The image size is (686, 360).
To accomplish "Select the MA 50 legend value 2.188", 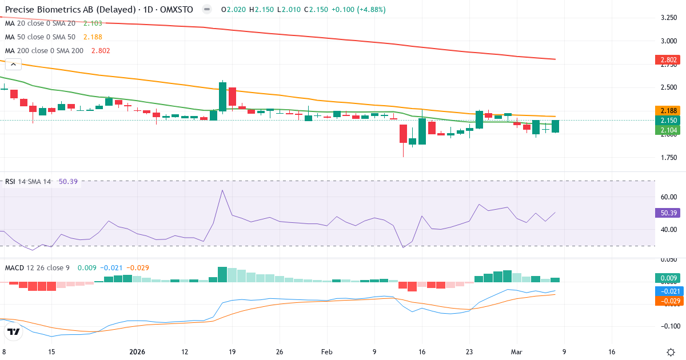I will (x=93, y=37).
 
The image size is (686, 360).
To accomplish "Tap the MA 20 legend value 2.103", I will (x=93, y=23).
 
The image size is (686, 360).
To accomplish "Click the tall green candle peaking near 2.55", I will (x=222, y=96).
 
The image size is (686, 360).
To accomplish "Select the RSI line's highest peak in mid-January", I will (x=222, y=190).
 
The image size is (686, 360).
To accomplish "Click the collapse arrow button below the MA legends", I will (x=13, y=64).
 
